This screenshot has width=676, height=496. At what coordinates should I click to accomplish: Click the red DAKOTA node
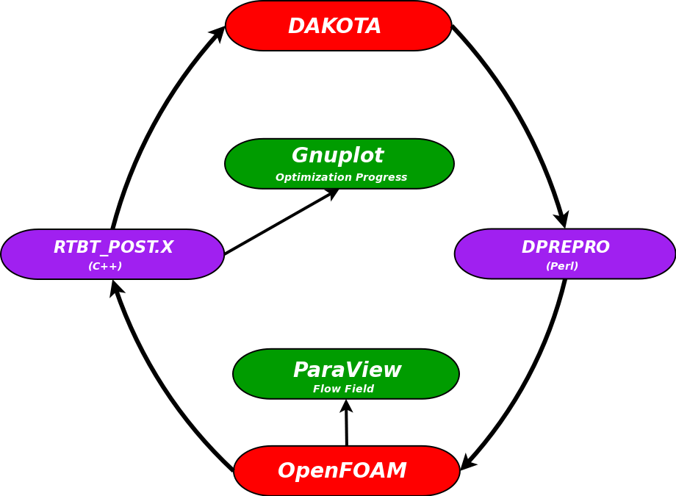pyautogui.click(x=338, y=26)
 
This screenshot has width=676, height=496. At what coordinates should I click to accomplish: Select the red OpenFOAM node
pyautogui.click(x=347, y=470)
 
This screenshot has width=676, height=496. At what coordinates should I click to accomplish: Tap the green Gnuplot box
pyautogui.click(x=339, y=163)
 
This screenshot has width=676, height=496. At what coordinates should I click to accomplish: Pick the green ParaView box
pyautogui.click(x=346, y=373)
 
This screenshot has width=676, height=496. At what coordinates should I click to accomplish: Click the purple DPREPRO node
pyautogui.click(x=564, y=254)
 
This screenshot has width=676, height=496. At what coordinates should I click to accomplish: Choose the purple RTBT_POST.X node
pyautogui.click(x=112, y=254)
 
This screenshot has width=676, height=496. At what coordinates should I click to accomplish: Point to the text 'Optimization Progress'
pyautogui.click(x=341, y=177)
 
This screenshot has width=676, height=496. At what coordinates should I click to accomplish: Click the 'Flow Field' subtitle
pyautogui.click(x=343, y=389)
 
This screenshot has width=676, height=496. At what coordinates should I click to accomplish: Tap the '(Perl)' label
pyautogui.click(x=561, y=266)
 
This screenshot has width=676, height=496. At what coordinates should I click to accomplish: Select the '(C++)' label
pyautogui.click(x=105, y=266)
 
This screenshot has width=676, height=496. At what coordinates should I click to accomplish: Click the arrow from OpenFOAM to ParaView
pyautogui.click(x=346, y=425)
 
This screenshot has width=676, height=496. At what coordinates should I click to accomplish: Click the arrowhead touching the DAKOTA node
pyautogui.click(x=219, y=32)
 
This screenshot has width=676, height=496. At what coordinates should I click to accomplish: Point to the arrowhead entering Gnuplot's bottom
pyautogui.click(x=333, y=193)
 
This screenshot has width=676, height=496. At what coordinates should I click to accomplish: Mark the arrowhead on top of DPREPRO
pyautogui.click(x=562, y=220)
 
